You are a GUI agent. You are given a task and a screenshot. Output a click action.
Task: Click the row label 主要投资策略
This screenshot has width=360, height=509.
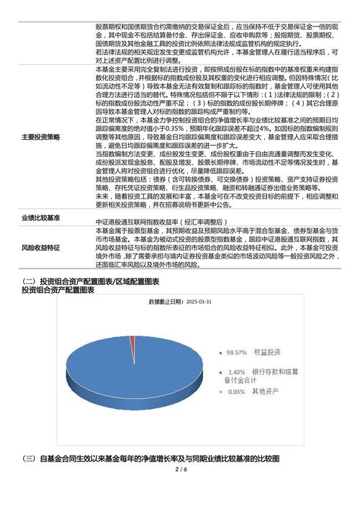coord(41,136)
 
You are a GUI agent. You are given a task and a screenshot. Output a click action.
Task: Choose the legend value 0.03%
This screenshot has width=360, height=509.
coord(237,392)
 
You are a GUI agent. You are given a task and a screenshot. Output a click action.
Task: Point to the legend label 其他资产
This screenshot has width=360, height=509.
coord(266,392)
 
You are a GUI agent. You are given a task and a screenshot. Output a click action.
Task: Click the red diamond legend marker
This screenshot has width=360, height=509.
coord(220,371)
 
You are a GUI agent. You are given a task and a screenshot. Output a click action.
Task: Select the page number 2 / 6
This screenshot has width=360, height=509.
coord(180,470)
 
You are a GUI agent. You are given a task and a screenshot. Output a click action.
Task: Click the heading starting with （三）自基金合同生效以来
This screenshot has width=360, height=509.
coord(151,459)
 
